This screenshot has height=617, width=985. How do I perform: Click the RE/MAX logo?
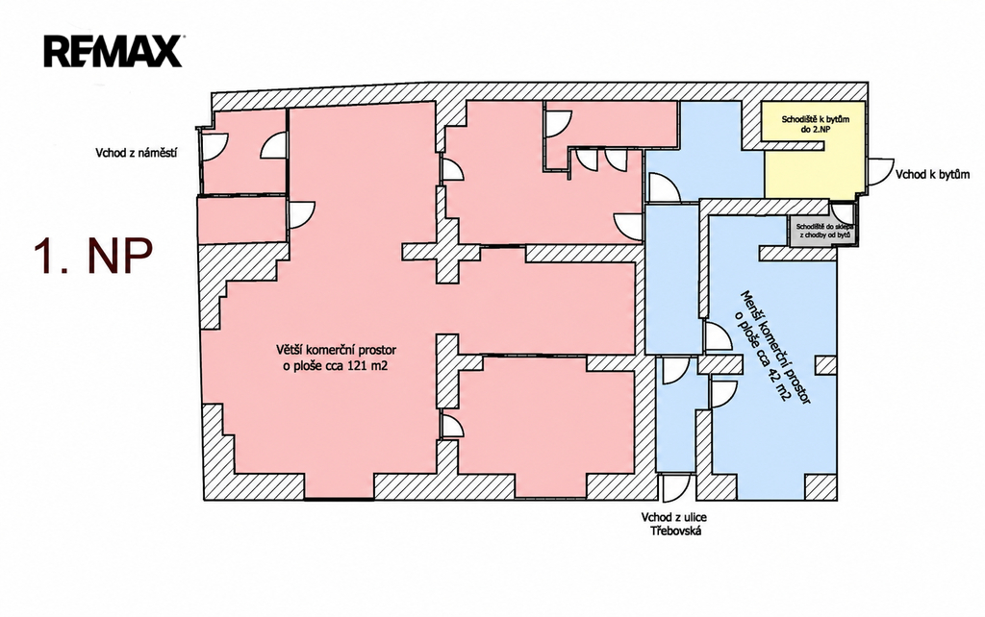114,52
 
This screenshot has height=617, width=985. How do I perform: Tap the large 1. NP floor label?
93,256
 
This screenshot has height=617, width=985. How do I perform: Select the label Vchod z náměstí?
136,153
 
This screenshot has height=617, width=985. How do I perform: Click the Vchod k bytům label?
932,175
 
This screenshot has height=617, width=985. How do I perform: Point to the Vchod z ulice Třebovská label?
673,524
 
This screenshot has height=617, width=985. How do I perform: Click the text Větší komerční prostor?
336,350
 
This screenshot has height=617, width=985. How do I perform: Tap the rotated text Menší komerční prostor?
776,347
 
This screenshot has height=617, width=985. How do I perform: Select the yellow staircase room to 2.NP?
814,147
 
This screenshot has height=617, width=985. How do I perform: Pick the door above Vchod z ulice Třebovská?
675,487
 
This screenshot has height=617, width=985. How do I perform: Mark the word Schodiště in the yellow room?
796,118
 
